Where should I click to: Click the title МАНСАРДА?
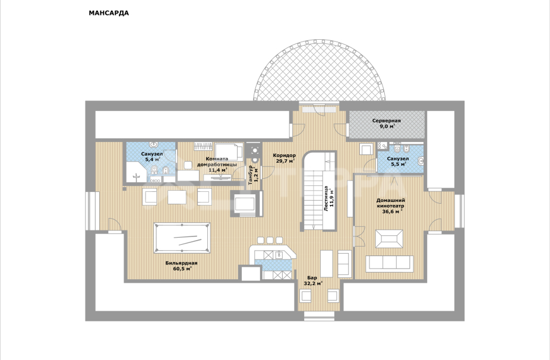click(x=109, y=13)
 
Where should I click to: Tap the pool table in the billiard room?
click(x=182, y=238)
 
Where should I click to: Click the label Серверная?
click(x=387, y=121)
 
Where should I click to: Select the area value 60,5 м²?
click(x=182, y=269)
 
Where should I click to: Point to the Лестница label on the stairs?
click(x=326, y=198)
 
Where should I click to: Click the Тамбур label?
click(x=250, y=175)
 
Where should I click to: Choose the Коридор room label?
click(x=284, y=156)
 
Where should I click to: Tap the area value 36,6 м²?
click(x=392, y=211)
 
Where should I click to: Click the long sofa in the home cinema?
click(x=390, y=264)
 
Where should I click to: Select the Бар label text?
click(x=312, y=277)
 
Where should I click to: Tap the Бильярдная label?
click(x=181, y=263)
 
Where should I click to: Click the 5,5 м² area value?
click(x=399, y=164)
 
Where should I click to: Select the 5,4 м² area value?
click(x=152, y=159)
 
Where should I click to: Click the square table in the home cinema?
click(x=389, y=239)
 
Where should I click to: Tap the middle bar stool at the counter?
click(x=270, y=240)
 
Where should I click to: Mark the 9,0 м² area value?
click(x=387, y=127)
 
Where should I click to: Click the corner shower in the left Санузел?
click(x=137, y=172)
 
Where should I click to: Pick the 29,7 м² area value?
click(x=285, y=161)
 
